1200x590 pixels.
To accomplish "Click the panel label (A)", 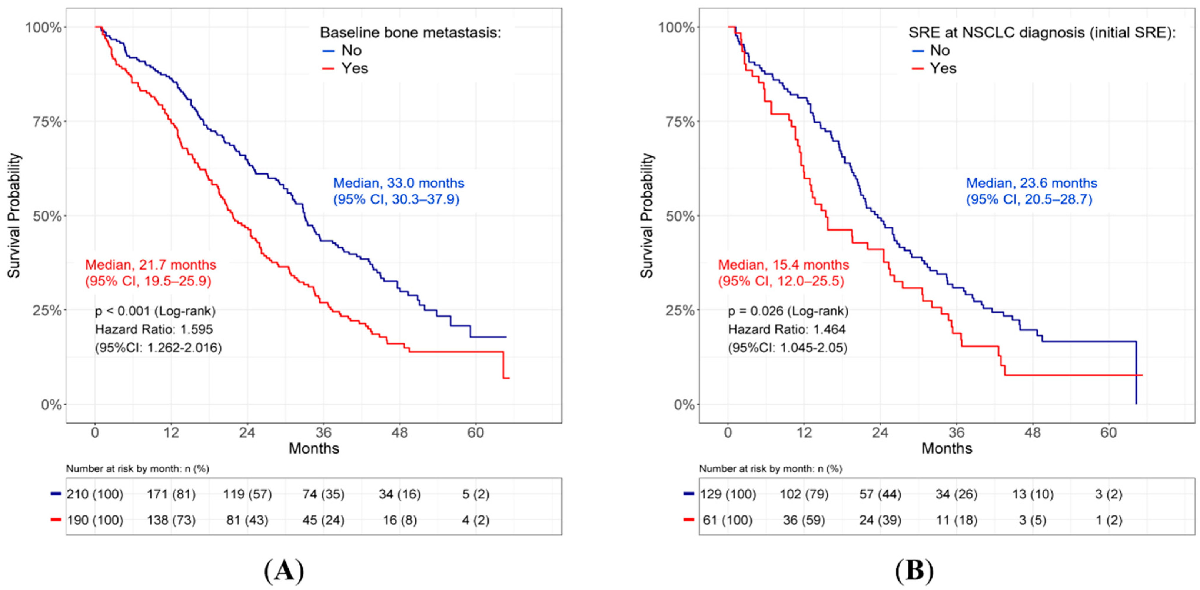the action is click(284, 570).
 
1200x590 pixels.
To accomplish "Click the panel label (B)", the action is click(914, 570).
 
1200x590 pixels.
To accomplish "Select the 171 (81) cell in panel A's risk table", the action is click(171, 494).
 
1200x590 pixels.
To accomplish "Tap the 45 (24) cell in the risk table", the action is click(323, 520).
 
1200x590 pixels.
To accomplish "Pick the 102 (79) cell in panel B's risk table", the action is click(805, 494).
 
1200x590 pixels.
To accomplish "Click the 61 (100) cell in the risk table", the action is click(727, 520).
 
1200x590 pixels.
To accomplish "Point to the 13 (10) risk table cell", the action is click(1032, 494).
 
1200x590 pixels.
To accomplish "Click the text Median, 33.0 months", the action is click(399, 183).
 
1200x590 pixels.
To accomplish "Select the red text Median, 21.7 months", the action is click(150, 265).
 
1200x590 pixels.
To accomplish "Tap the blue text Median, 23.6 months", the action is click(1032, 183).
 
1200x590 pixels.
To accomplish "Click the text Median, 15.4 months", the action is click(783, 265).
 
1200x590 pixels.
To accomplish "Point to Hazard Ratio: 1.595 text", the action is click(154, 329).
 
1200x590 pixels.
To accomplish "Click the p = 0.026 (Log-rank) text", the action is click(788, 311).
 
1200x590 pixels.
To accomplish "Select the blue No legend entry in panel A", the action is click(342, 50).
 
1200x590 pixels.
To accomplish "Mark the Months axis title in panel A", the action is click(314, 449).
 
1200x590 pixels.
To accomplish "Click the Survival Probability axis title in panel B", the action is click(647, 216).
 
